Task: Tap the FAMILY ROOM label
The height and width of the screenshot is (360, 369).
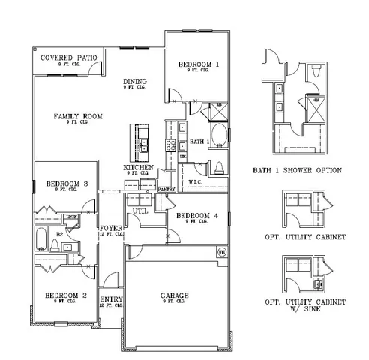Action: coord(78,116)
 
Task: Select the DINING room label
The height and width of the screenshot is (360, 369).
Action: coord(135,82)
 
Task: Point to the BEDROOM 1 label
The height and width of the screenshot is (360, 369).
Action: coord(198,65)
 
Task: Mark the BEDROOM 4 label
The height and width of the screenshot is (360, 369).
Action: coord(196,216)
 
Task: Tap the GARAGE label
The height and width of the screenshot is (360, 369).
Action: coord(174,295)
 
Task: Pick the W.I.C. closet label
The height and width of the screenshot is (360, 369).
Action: coord(195,181)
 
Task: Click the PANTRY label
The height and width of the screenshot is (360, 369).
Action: coord(166,190)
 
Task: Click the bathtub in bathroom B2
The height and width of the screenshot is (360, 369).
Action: coord(43,240)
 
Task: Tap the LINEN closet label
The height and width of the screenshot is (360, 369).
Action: coord(71,217)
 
